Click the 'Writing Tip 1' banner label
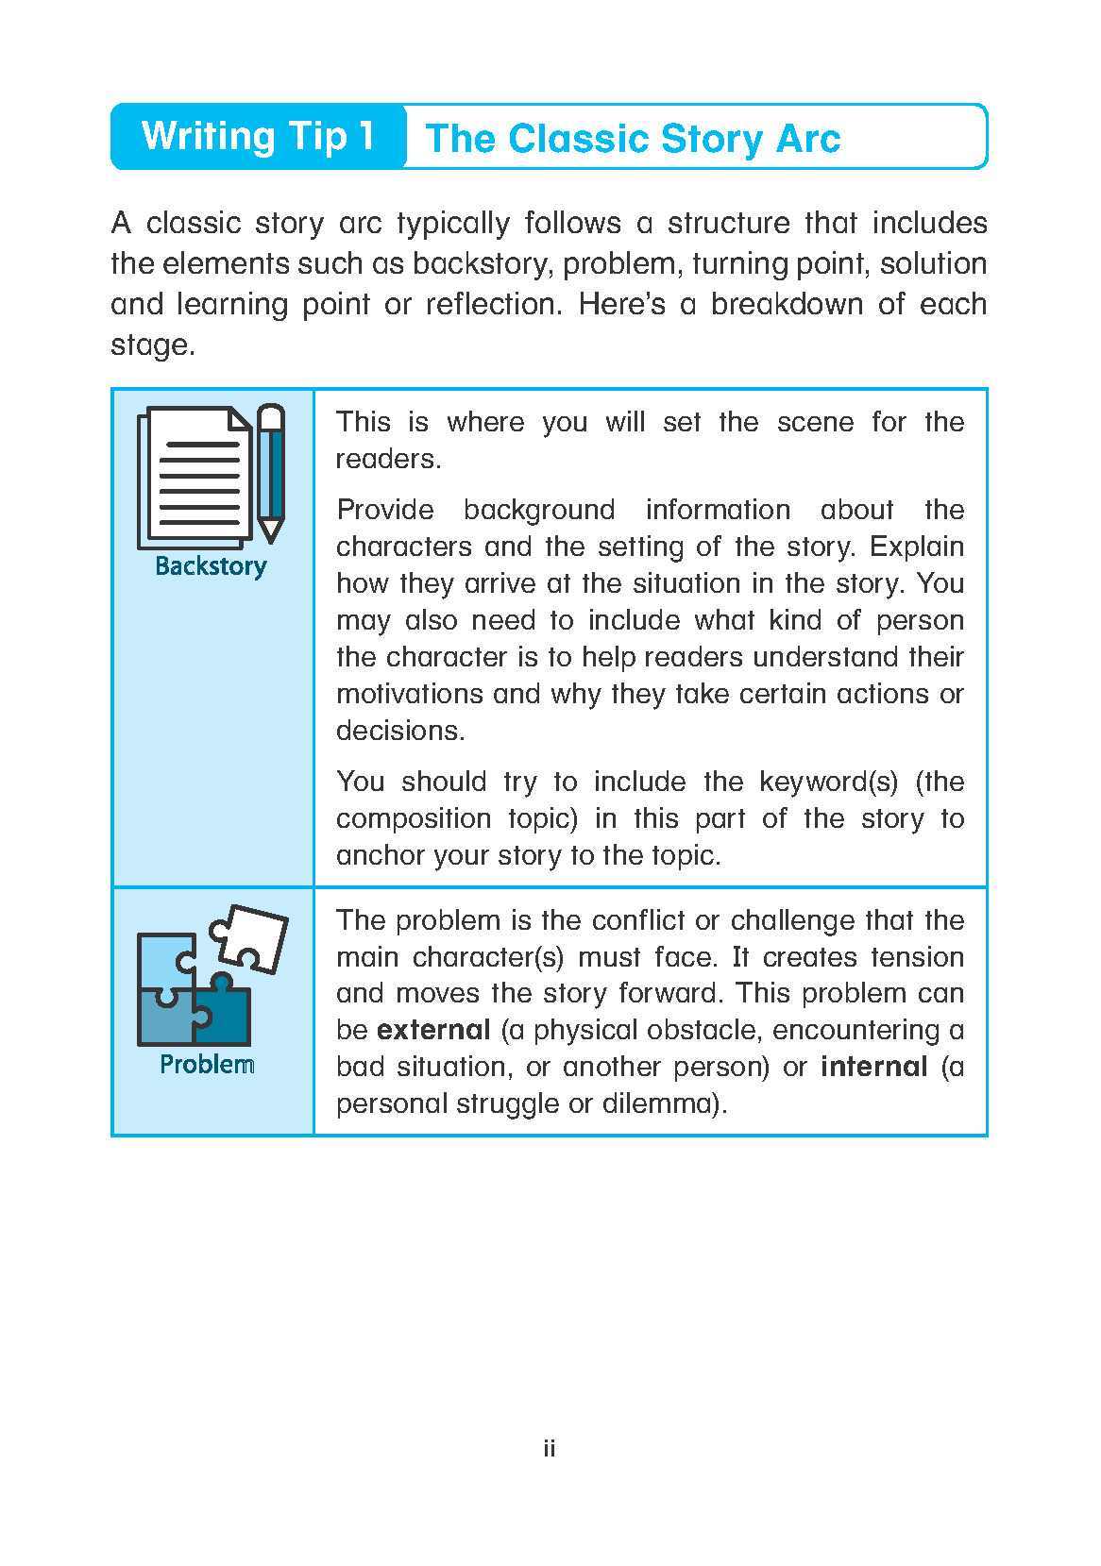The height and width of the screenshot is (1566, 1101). click(x=258, y=136)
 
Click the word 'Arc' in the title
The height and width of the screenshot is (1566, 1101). click(x=806, y=139)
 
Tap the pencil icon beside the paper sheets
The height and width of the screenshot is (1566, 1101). click(x=271, y=472)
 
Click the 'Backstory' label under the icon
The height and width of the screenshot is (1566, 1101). click(x=211, y=566)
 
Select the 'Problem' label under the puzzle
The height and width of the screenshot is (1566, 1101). click(x=207, y=1065)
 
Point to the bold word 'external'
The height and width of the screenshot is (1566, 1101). click(x=433, y=1030)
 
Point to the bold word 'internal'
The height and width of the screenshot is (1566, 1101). click(x=874, y=1067)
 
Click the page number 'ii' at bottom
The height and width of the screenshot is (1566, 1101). click(x=550, y=1448)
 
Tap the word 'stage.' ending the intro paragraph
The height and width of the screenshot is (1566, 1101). click(x=153, y=345)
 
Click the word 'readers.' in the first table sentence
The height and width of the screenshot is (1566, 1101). click(x=389, y=460)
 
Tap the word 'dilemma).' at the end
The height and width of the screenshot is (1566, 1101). click(x=665, y=1103)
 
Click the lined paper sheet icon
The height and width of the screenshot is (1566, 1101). click(x=196, y=477)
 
